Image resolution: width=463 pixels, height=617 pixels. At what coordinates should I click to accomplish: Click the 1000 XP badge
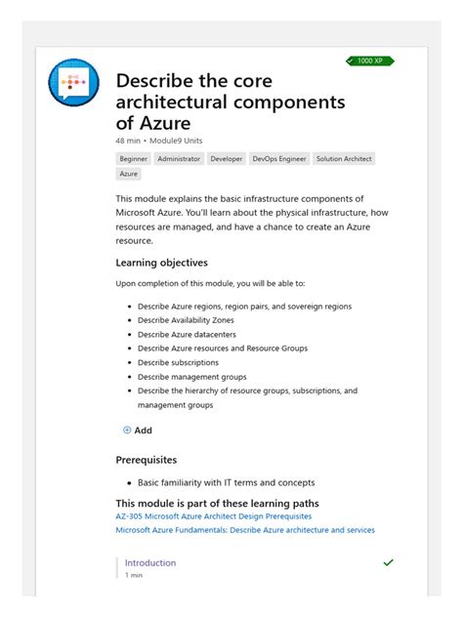coord(370,61)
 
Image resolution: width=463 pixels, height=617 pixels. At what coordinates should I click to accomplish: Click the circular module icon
coord(73,84)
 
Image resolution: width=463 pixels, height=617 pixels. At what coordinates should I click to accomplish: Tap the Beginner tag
coord(133,158)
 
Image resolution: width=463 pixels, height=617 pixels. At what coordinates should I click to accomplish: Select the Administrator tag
coord(179,158)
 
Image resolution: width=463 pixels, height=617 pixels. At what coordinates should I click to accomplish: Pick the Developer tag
coord(227,158)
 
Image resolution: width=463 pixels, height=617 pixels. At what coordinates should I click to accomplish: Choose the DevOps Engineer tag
coord(278,158)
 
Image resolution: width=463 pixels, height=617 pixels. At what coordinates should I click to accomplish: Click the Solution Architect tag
coord(344,158)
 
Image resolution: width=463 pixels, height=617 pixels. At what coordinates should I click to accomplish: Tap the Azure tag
coord(128,174)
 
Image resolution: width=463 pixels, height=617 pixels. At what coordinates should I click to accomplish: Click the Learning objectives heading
coord(161,263)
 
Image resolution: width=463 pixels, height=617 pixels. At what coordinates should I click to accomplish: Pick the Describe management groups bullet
coord(191,376)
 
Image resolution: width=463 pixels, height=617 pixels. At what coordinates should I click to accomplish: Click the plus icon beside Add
coord(127,431)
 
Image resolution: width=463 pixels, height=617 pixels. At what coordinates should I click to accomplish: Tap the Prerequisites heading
coord(146,460)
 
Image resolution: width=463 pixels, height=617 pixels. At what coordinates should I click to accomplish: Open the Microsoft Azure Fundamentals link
coord(244,530)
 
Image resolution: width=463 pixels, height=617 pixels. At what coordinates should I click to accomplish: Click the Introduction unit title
coord(150,563)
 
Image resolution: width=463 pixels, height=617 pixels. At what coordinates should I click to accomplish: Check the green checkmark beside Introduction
coord(389,563)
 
